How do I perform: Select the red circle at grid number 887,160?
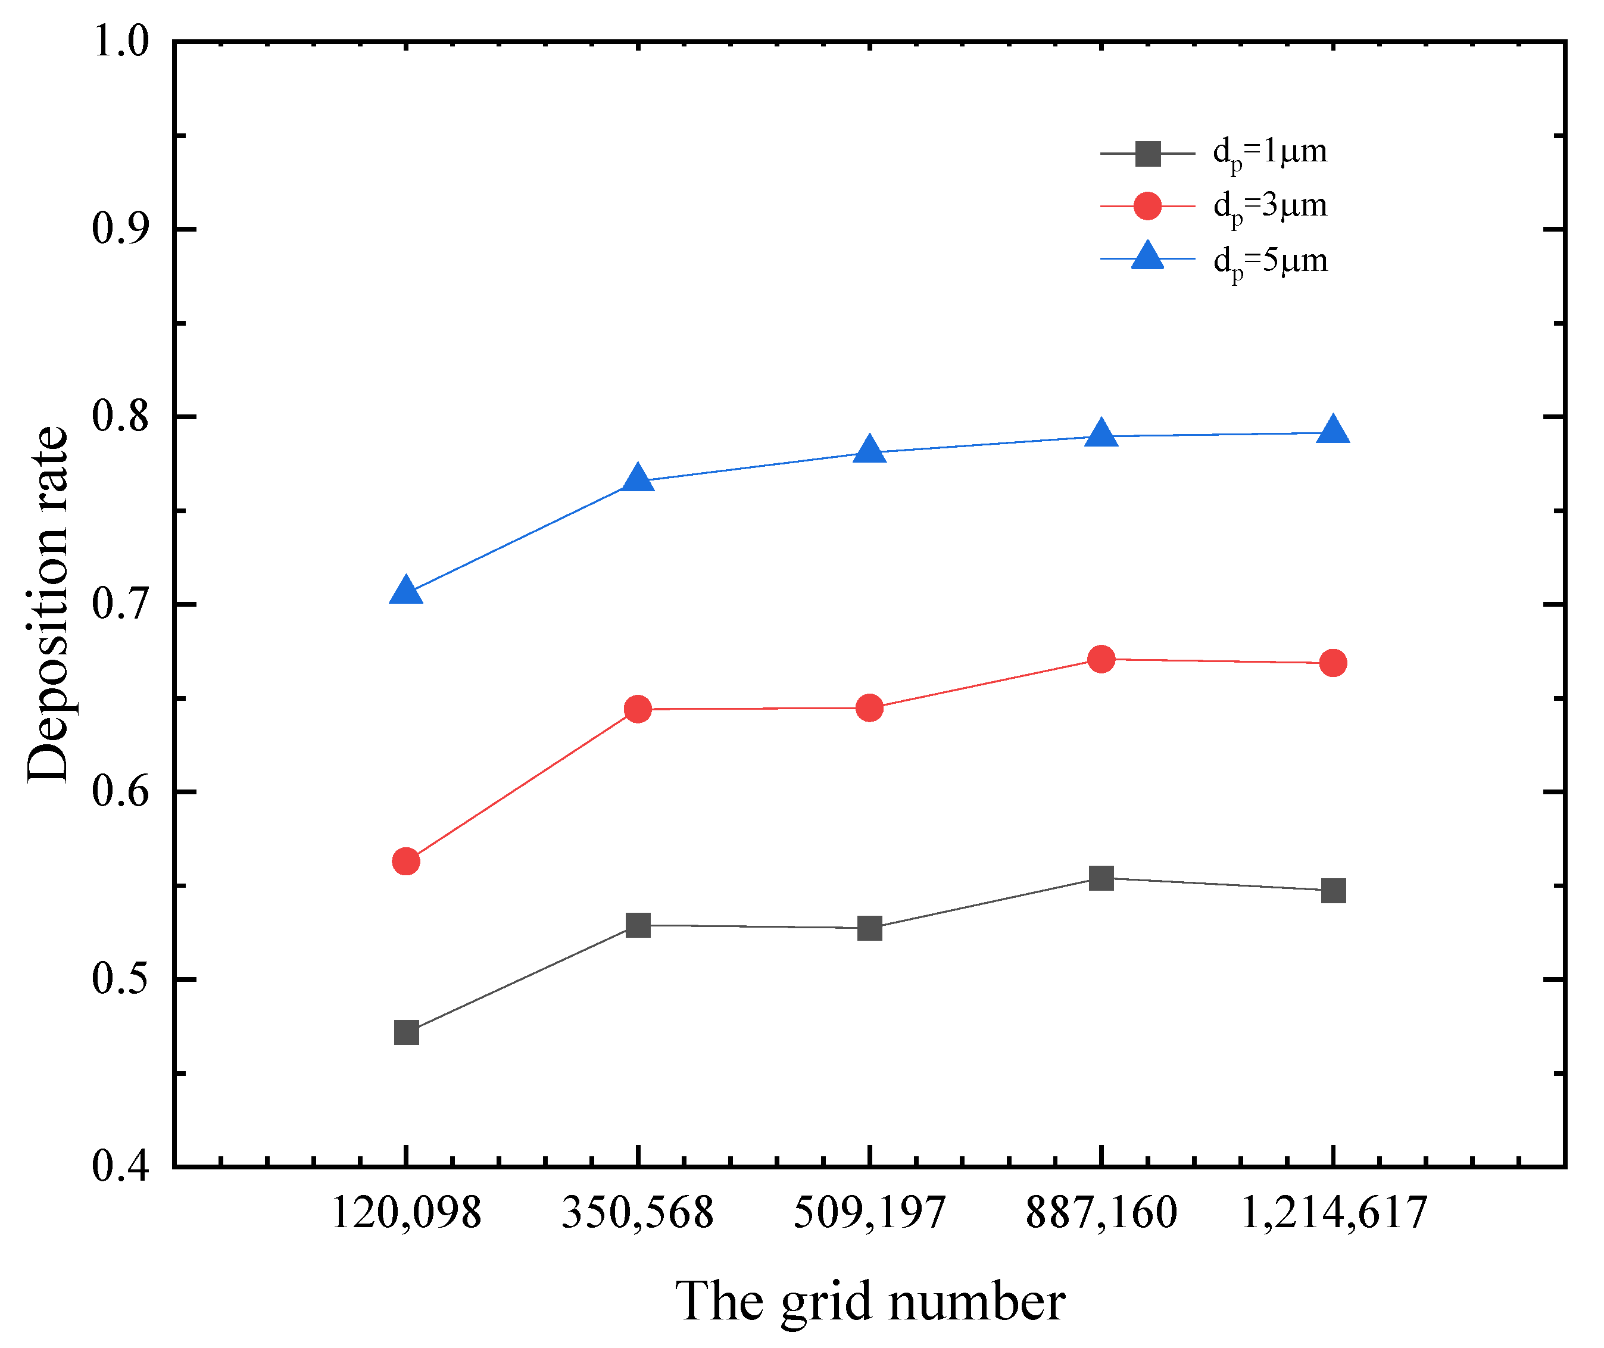click(1101, 659)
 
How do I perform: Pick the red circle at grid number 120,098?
click(406, 861)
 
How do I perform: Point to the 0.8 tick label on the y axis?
click(121, 416)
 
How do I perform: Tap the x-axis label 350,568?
click(637, 1213)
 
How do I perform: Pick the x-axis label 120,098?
click(406, 1213)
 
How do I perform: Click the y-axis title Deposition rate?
click(48, 604)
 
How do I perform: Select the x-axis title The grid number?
click(870, 1302)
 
